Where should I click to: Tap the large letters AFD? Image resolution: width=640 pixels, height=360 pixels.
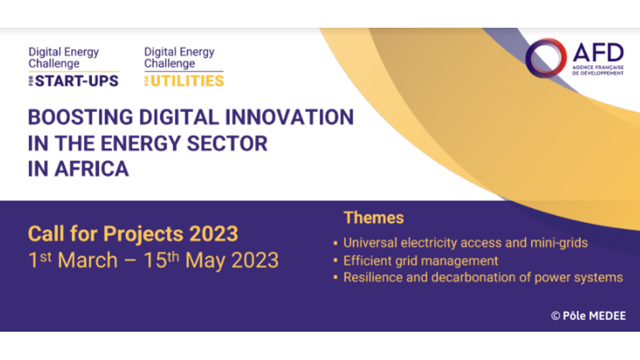coord(598,52)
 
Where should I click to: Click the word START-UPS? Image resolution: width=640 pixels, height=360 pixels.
coord(77,81)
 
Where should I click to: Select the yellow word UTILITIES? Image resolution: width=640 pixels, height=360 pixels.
coord(187,81)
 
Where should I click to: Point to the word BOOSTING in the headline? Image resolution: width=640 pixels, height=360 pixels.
coord(81,117)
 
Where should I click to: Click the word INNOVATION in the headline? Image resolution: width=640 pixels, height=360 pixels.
coord(290,117)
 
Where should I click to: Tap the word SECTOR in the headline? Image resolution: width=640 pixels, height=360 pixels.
coord(227,143)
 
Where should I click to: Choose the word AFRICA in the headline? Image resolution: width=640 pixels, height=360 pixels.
coord(91,169)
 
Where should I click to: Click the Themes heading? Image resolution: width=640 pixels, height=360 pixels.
coord(374,218)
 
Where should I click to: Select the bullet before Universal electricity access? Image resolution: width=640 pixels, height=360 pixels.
coord(335,243)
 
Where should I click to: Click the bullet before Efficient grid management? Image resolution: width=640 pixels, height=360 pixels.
coord(335,261)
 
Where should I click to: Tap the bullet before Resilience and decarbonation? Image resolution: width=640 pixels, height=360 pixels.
coord(335,277)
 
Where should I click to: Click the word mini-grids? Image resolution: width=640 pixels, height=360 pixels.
coord(559,243)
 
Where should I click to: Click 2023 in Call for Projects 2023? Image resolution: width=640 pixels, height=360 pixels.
coord(214,234)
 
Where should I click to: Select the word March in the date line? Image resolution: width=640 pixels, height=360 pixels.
coord(87,260)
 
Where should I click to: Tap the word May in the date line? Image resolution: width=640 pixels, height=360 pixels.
coord(205,261)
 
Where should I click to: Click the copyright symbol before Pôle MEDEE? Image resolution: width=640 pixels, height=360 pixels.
coord(555,316)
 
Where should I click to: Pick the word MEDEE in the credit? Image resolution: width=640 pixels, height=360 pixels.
coord(607,316)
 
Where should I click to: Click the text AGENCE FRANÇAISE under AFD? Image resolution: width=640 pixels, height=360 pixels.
coord(598,67)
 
